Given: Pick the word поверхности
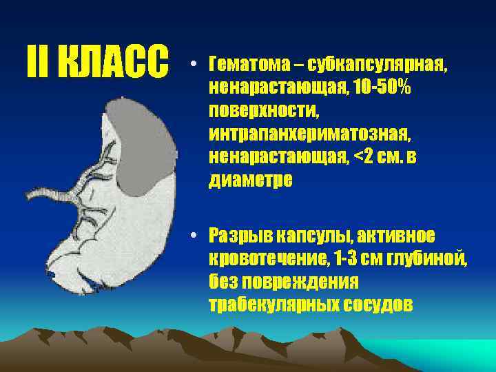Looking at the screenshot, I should tap(256, 111).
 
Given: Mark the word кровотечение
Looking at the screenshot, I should tap(271, 259).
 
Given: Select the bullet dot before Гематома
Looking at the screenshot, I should tap(196, 66).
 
